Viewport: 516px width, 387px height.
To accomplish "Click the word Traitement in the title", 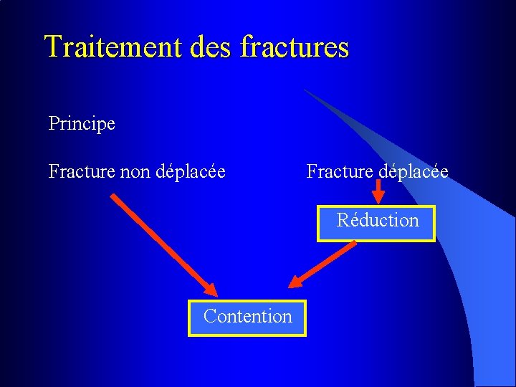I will (115, 47).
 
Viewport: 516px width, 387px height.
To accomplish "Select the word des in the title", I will (212, 47).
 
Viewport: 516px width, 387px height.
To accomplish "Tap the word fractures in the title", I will (295, 47).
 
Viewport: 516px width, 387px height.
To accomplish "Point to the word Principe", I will (82, 124).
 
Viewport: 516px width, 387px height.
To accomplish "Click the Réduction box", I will (376, 224).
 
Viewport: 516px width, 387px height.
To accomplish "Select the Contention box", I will (247, 318).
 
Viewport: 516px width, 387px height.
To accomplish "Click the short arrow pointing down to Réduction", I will (378, 192).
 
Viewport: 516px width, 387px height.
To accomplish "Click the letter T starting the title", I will (52, 47).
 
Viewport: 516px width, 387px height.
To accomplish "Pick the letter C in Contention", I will (209, 316).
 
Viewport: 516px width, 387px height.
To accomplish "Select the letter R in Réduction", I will (343, 220).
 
